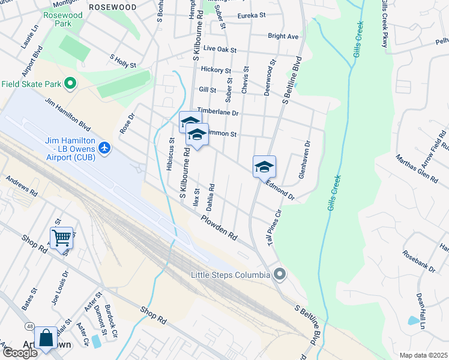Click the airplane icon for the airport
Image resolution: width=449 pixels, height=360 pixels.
104,148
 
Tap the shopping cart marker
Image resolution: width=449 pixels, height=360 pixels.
62,238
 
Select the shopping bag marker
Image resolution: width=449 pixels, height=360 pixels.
46,339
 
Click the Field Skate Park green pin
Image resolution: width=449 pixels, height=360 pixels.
71,83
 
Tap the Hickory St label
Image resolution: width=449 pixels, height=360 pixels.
215,70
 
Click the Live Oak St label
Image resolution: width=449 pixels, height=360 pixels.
220,49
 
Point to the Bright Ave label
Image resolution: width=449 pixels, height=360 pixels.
283,37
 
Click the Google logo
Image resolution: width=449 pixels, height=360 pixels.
19,353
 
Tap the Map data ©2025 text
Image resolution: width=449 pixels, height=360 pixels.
423,355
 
